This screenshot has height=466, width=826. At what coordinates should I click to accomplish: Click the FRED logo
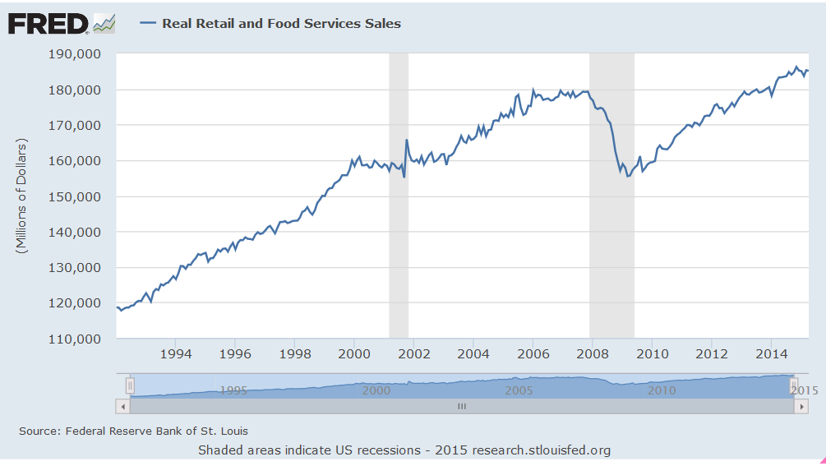coord(48,23)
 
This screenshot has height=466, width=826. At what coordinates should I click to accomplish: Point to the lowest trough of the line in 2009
coord(628,176)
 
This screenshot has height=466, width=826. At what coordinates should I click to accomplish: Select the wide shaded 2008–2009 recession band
coord(611,247)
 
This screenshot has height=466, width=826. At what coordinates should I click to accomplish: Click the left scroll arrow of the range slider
coord(123,406)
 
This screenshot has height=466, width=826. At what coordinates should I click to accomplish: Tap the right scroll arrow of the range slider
coord(802,406)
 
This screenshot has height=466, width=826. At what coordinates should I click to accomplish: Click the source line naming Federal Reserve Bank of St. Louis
coord(133,431)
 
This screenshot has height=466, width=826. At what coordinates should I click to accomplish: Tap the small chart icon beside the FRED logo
coord(104,24)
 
